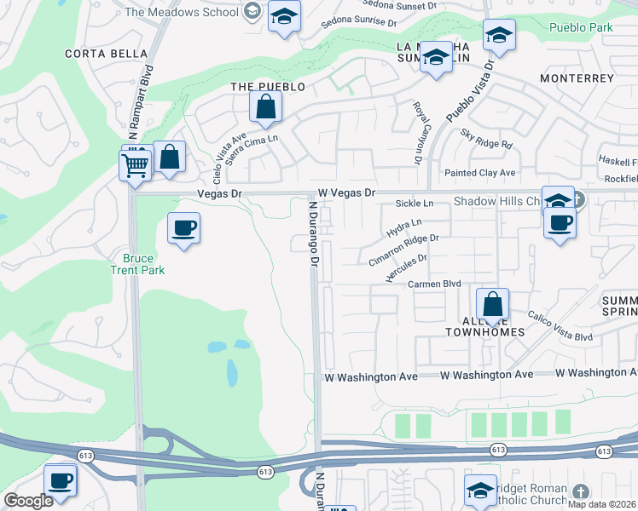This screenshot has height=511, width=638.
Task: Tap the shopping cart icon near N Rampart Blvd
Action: (x=135, y=165)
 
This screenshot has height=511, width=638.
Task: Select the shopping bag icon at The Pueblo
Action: (x=266, y=107)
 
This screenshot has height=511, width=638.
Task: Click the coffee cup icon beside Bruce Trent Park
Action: (x=183, y=228)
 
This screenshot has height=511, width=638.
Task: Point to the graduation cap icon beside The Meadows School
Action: (x=284, y=16)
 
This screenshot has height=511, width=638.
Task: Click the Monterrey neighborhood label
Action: (x=577, y=78)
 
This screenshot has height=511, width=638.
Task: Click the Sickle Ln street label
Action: (x=415, y=204)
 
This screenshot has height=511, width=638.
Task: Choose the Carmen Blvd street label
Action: (x=434, y=284)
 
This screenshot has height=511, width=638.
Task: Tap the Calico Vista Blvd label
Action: (x=560, y=328)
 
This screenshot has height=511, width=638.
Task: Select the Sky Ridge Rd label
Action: (x=486, y=138)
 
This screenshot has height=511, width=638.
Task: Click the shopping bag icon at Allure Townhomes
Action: (x=493, y=304)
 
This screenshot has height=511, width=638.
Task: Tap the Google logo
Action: (x=28, y=501)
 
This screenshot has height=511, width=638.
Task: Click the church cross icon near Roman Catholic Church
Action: (x=580, y=492)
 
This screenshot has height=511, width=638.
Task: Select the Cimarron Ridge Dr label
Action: (x=403, y=250)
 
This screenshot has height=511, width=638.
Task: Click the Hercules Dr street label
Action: (x=405, y=267)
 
